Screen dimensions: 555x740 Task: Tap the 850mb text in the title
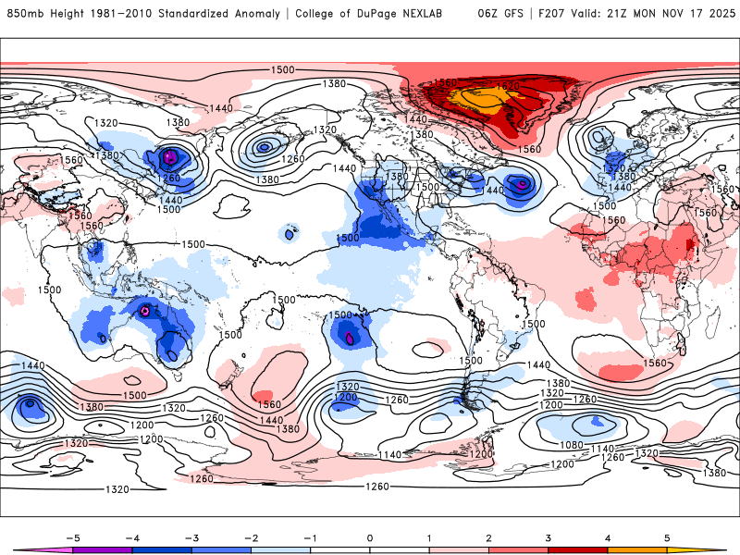(x=23, y=14)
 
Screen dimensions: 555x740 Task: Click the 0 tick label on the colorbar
(x=370, y=536)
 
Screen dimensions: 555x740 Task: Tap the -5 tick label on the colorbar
(x=71, y=536)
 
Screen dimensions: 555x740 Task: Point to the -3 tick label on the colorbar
(x=191, y=536)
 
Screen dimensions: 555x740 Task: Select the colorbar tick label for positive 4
(x=608, y=536)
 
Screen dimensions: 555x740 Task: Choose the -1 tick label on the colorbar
(x=309, y=536)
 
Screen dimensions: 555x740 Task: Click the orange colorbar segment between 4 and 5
(x=637, y=549)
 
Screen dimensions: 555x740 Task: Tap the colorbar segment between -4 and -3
(x=161, y=549)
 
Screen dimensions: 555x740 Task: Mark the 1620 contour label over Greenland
(x=508, y=86)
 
